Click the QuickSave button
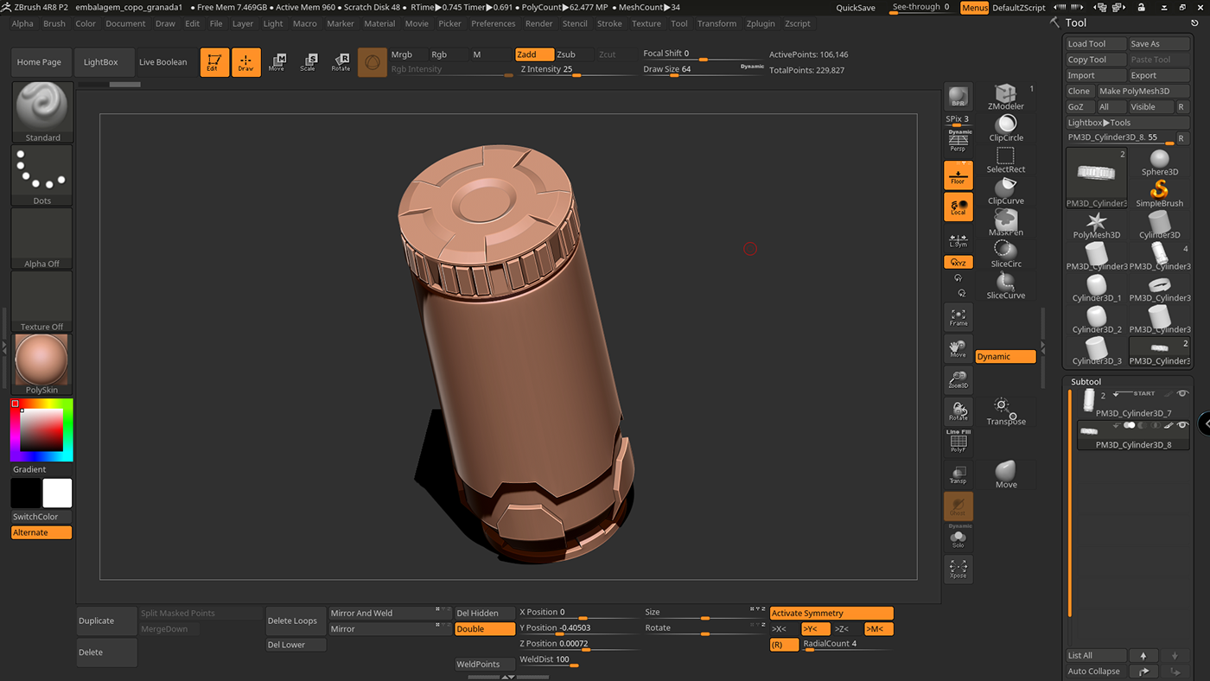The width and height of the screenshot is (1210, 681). pos(855,8)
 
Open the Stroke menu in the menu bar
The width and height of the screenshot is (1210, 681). pos(609,23)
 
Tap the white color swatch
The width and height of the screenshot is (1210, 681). pos(57,493)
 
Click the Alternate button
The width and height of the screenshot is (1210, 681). pos(41,532)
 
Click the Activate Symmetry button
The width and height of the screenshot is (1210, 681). pos(831,613)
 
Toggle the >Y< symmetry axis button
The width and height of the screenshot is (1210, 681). pos(815,629)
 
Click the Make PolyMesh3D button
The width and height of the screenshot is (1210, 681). pos(1141,91)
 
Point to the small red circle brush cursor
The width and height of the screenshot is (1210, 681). pos(750,249)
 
